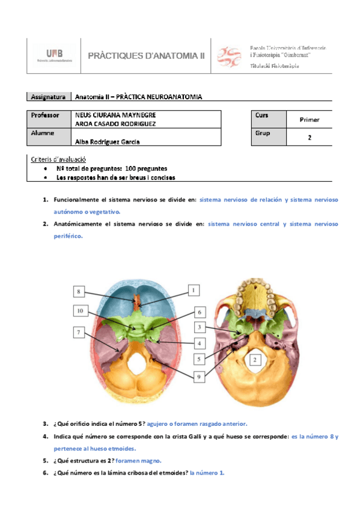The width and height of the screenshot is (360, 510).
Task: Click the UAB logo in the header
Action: pos(54,55)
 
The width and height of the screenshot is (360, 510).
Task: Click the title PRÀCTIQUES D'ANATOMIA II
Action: pos(147,56)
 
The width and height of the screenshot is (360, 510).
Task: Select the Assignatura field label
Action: pos(49,97)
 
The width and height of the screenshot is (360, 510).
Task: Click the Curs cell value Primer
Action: pos(309,120)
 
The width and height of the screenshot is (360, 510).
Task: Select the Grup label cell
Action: pos(263,133)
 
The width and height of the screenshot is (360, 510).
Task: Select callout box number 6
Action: pos(200,312)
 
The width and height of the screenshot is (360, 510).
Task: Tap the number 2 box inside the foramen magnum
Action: pos(255,360)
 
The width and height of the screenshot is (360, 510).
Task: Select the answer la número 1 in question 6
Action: pos(207,472)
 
